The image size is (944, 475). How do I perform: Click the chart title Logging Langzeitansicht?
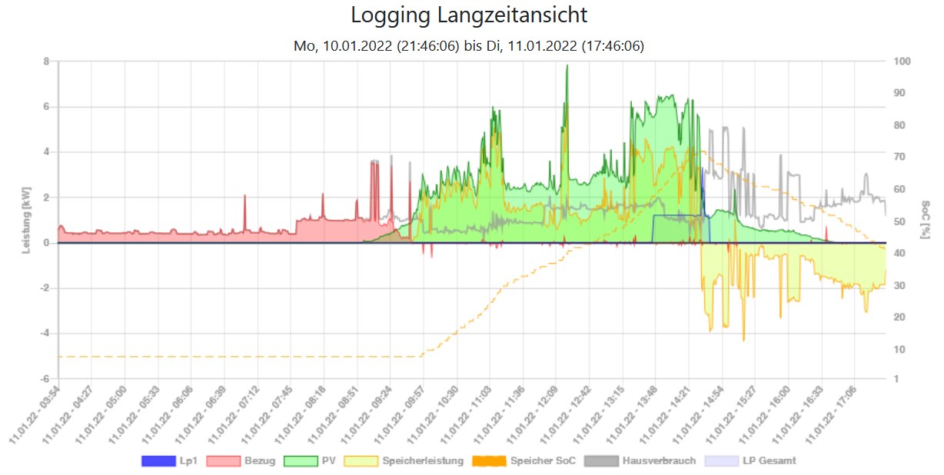(469, 15)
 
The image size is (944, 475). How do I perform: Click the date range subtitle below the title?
(469, 46)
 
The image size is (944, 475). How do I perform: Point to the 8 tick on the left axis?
(47, 61)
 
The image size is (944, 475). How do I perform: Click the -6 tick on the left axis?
(45, 379)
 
